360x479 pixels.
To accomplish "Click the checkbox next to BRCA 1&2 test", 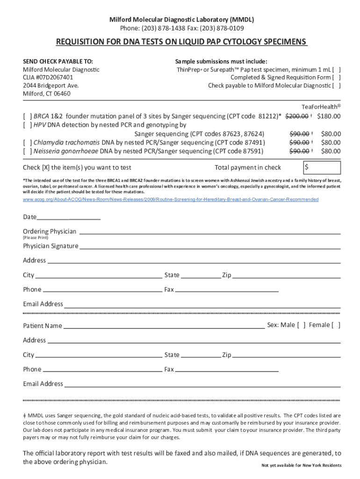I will [27, 116].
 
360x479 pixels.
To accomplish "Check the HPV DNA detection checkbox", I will [27, 125].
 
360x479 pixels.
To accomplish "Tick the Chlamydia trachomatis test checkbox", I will [27, 142].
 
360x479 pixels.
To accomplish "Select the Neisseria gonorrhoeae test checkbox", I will [27, 151].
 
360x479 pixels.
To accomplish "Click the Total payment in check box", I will [322, 167].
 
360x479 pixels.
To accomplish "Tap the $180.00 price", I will [329, 116].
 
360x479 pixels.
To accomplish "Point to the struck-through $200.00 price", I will [297, 116].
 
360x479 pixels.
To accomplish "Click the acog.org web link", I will [171, 200].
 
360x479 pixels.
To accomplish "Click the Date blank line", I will [69, 218].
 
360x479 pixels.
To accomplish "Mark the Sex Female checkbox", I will [336, 325].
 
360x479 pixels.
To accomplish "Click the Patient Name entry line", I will [164, 326].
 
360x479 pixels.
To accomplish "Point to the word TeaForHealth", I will [320, 106].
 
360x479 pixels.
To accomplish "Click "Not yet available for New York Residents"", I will [302, 465].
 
